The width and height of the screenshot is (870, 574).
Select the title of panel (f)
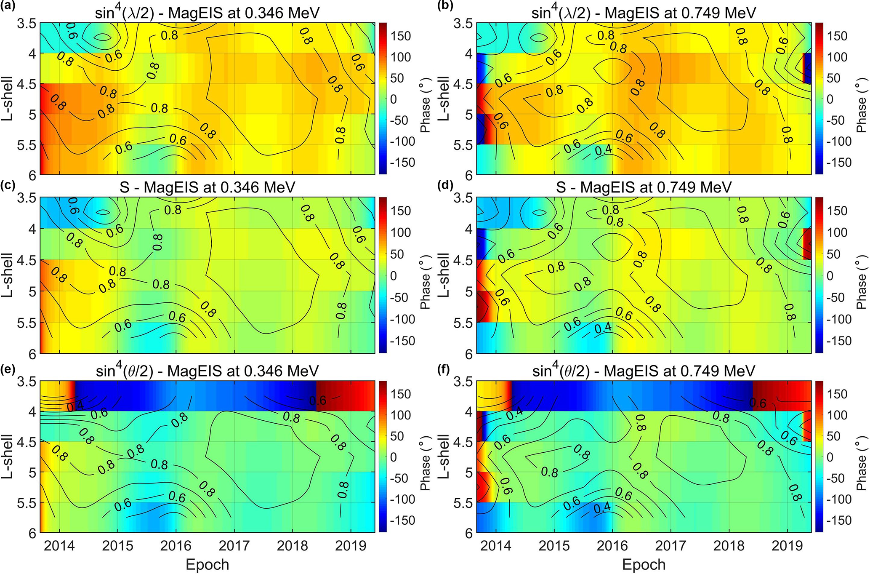pos(644,371)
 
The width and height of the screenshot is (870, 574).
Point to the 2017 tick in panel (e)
pos(234,546)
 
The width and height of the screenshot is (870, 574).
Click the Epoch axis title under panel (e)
pos(207,565)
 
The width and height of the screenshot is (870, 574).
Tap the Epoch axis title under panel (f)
pos(644,565)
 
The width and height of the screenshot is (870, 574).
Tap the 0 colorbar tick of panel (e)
pos(393,457)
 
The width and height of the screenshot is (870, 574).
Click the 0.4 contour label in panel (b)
pos(601,150)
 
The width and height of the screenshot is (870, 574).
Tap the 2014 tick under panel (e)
pos(59,546)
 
